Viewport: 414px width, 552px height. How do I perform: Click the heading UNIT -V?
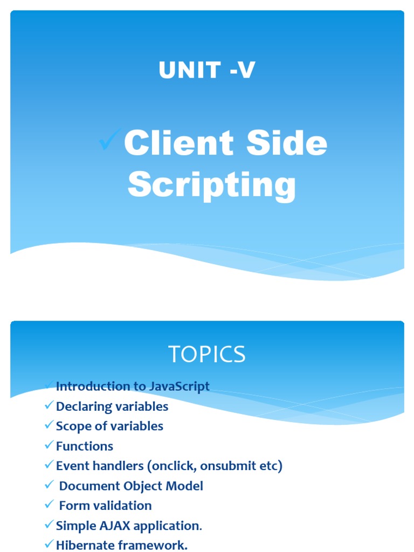pos(206,71)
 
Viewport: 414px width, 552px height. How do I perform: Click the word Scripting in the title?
pos(212,185)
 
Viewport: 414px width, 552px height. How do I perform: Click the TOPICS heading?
pos(207,354)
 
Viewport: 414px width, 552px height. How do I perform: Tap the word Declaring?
pos(82,406)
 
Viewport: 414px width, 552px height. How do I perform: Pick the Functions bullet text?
pos(85,446)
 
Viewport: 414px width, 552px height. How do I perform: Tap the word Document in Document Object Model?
pos(85,486)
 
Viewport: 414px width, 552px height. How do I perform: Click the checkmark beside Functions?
pos(50,446)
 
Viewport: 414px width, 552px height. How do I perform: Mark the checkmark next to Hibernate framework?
pos(50,544)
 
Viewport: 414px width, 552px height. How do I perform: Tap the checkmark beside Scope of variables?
pos(50,426)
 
